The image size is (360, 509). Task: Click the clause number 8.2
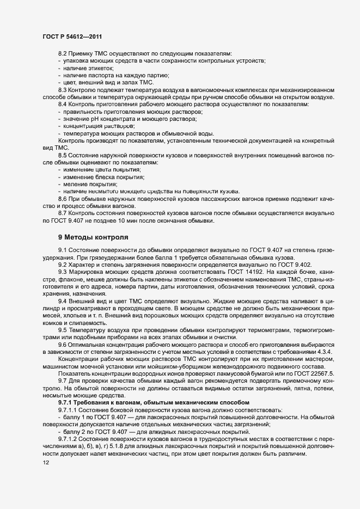pyautogui.click(x=62, y=53)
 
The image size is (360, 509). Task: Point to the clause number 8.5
pyautogui.click(x=62, y=156)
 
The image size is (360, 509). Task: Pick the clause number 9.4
pyautogui.click(x=62, y=301)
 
